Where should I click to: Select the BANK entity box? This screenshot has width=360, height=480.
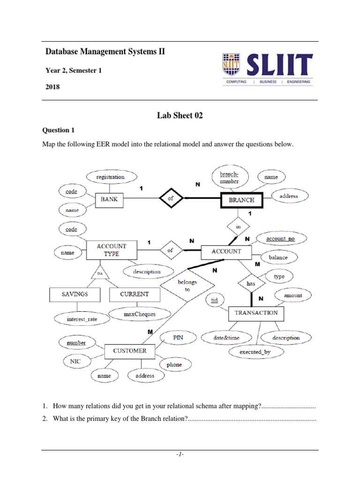pyautogui.click(x=109, y=199)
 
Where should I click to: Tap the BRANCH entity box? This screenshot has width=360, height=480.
pyautogui.click(x=241, y=200)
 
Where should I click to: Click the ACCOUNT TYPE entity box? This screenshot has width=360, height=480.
pyautogui.click(x=111, y=250)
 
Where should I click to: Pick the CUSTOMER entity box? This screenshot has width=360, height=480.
pyautogui.click(x=129, y=350)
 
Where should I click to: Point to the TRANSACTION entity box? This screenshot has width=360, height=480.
pyautogui.click(x=256, y=313)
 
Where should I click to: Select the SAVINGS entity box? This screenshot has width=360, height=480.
pyautogui.click(x=75, y=294)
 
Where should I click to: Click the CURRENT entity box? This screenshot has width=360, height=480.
pyautogui.click(x=135, y=294)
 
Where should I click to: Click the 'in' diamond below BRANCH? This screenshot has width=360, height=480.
pyautogui.click(x=238, y=226)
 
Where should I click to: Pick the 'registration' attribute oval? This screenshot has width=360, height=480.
pyautogui.click(x=111, y=177)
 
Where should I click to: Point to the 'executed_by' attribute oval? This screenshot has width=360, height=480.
pyautogui.click(x=255, y=352)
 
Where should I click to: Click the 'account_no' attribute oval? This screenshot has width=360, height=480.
pyautogui.click(x=280, y=239)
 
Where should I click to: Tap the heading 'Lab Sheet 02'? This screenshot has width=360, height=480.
pyautogui.click(x=180, y=116)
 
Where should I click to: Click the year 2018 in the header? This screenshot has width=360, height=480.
pyautogui.click(x=52, y=87)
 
